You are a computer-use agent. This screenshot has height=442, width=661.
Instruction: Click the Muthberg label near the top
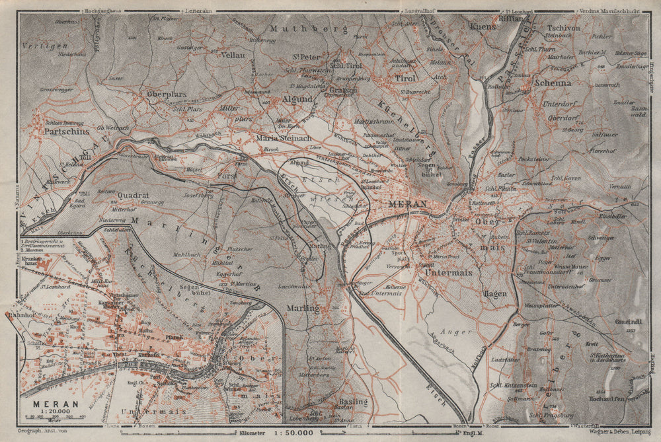point(298,28)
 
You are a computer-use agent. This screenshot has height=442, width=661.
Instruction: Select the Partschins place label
point(67,131)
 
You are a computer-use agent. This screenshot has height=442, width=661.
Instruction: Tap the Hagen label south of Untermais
point(494,293)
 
